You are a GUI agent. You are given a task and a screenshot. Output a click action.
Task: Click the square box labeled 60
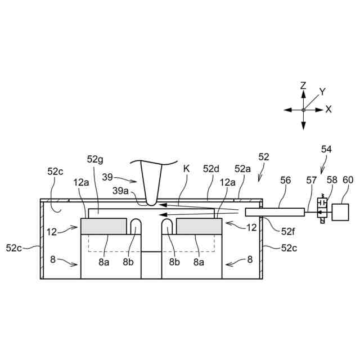(x=341, y=211)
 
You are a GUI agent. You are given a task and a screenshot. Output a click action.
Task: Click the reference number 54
(x=326, y=150)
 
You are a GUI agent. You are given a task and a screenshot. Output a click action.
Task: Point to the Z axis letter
(x=303, y=85)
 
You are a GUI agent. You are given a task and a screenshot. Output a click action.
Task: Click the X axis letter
(x=328, y=110)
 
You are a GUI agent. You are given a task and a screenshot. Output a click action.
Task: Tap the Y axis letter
(x=322, y=92)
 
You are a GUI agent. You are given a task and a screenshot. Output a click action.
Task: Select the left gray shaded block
(x=103, y=226)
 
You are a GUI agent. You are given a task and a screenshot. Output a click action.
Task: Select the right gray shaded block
(x=199, y=226)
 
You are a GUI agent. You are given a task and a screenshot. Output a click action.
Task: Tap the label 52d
(x=211, y=168)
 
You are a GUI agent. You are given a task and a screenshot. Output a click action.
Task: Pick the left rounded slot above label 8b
(x=137, y=226)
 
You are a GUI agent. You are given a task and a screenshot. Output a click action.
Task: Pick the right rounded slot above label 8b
(x=168, y=226)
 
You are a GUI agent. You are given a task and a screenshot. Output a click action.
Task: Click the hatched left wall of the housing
(x=42, y=239)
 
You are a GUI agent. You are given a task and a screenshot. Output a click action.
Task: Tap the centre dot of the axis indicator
(x=303, y=110)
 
